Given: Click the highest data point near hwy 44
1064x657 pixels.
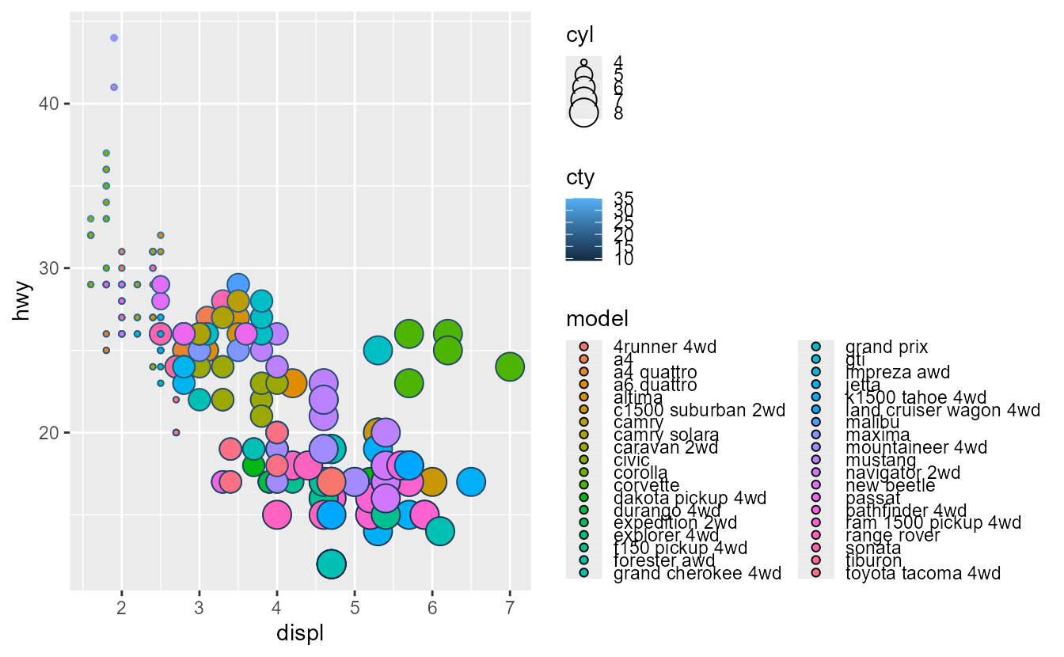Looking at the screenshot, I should coord(114,38).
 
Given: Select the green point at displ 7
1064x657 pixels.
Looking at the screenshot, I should coord(510,366).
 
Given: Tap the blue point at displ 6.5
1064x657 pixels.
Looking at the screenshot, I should coord(471,481).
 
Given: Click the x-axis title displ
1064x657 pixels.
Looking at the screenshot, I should coord(299,634).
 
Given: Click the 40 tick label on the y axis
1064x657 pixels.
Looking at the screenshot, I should coord(48,104).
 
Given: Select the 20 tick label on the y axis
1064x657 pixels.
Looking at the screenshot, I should coord(48,432).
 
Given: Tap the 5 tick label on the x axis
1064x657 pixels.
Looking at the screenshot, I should coord(355,607).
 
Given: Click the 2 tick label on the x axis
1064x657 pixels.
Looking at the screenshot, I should coord(122,607).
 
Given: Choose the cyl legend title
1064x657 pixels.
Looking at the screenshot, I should coord(579,35).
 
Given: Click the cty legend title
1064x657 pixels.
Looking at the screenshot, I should coord(579,176).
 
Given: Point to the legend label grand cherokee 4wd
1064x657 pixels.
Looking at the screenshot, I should coord(697,573).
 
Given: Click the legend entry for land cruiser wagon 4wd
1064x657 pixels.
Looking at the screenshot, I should coord(942,410).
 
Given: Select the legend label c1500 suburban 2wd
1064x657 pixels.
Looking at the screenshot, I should coord(699,410).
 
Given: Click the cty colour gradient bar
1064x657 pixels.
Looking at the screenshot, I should coord(583,230).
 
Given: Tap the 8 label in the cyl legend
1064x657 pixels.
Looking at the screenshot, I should coord(618,114).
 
